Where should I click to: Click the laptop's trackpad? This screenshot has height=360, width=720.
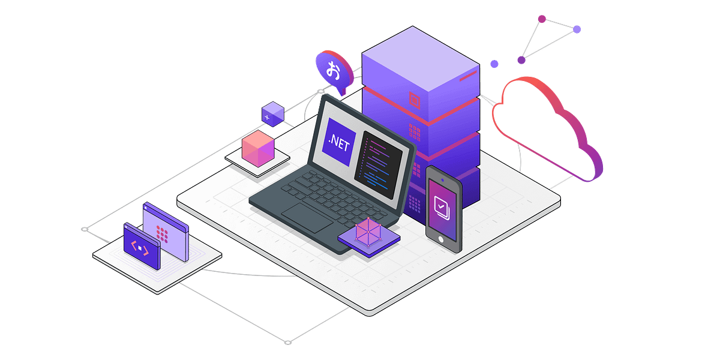307,217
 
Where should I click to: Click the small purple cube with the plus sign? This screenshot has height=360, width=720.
273,113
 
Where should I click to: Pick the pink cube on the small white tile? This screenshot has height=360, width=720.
257,148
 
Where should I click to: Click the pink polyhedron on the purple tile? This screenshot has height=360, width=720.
368,232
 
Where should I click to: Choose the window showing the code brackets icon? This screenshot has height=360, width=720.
142,247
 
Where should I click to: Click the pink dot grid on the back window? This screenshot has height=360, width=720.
162,231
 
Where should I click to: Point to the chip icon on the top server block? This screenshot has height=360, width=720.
413,98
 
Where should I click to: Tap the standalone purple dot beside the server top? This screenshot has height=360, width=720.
494,64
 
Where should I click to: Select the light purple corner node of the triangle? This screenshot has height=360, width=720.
577,29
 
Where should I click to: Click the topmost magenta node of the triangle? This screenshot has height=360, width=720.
541,19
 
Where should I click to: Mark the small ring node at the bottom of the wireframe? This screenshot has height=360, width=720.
287,342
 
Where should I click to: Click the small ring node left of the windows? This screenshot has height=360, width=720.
85,229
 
